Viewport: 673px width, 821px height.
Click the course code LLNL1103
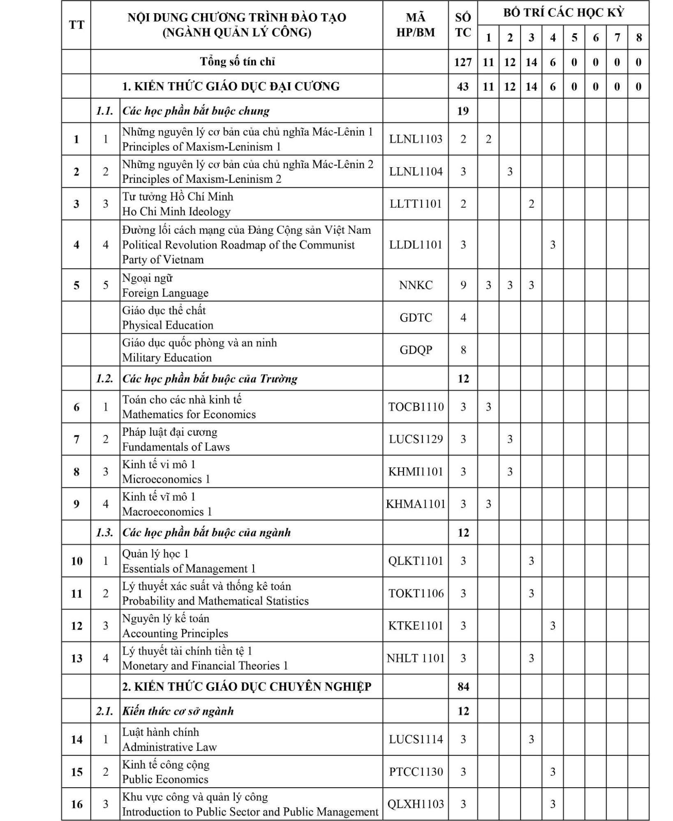416,139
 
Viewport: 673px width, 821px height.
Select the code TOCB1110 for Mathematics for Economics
416,407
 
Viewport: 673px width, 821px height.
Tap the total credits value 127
463,62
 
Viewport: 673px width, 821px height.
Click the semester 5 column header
574,38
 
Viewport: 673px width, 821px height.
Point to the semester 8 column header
638,38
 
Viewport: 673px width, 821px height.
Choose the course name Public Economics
165,779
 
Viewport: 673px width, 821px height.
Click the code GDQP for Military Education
416,350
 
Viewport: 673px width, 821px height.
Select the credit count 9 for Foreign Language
463,285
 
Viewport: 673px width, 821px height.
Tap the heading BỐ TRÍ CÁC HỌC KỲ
563,13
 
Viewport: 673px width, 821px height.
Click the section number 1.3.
105,533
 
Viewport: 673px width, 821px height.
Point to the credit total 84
463,686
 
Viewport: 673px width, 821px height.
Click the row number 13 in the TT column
76,658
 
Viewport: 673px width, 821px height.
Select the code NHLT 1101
416,658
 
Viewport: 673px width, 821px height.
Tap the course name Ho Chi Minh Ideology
176,212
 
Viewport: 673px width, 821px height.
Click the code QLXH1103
416,804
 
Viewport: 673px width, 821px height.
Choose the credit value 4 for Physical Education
463,317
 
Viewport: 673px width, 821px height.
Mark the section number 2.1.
105,711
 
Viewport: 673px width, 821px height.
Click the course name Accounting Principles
175,633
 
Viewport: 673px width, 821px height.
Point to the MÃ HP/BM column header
416,25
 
